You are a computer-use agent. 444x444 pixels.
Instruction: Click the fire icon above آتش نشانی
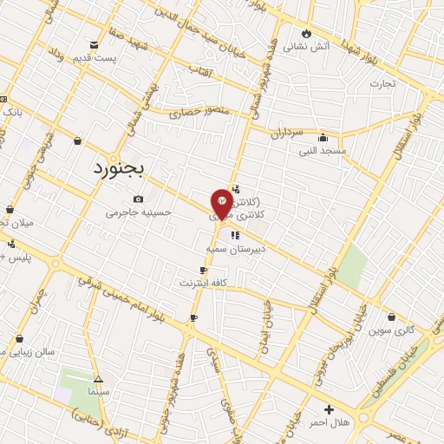[306, 33]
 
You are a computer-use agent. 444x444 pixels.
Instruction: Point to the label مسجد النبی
[323, 150]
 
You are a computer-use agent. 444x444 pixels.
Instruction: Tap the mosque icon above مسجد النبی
[323, 137]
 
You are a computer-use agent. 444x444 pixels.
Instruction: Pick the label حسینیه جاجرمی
[139, 212]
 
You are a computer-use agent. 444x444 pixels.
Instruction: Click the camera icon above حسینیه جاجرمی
[139, 200]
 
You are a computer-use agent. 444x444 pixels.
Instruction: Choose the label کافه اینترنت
[203, 283]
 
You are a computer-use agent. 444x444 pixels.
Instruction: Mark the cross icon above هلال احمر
[328, 408]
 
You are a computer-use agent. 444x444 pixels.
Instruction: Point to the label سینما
[98, 392]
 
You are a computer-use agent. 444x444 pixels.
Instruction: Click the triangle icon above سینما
[98, 379]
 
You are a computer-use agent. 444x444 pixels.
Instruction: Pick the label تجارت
[383, 84]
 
